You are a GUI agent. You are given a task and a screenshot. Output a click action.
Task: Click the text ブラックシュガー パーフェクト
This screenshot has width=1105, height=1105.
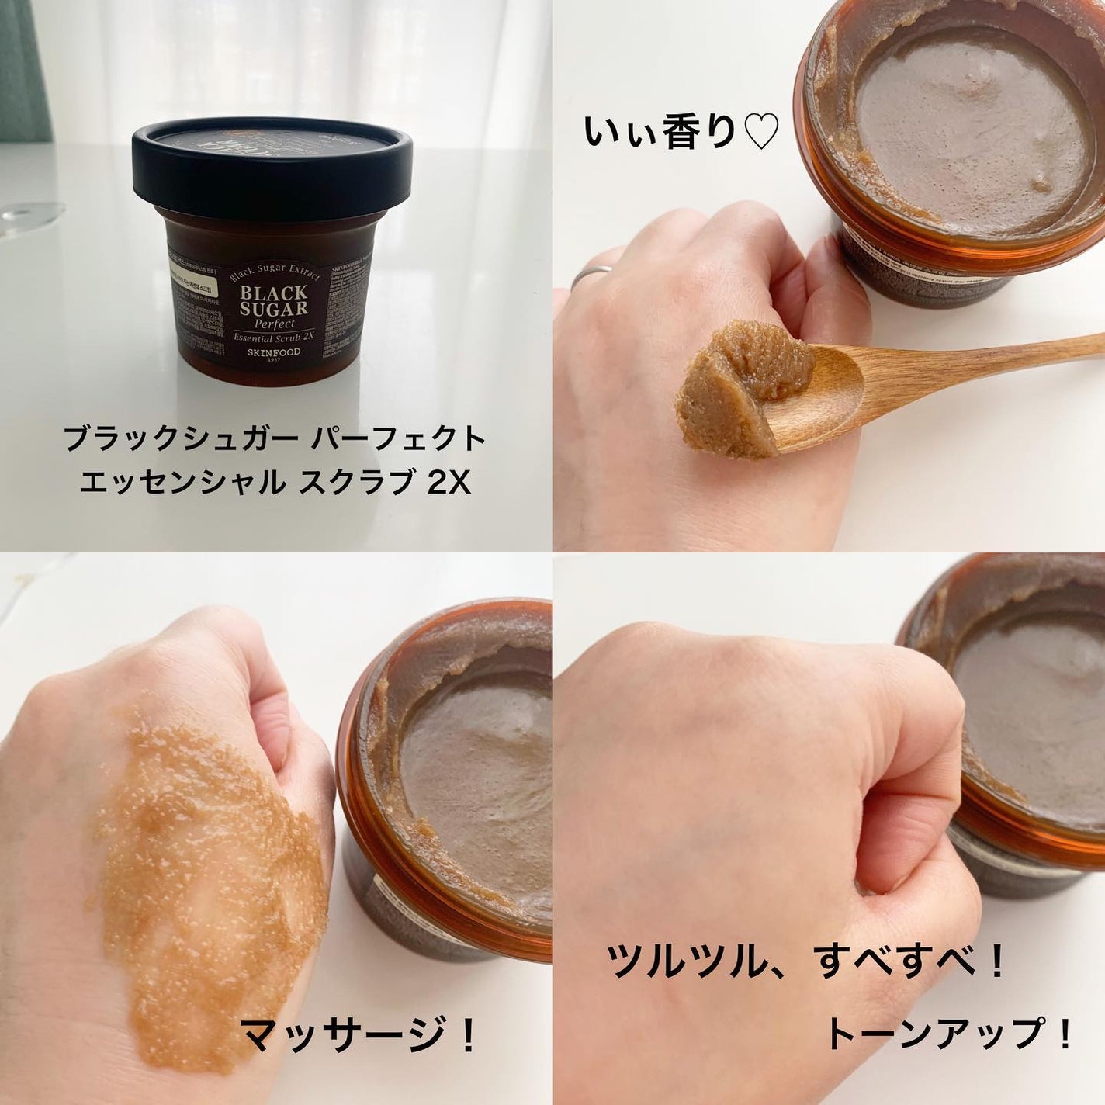coord(275,440)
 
